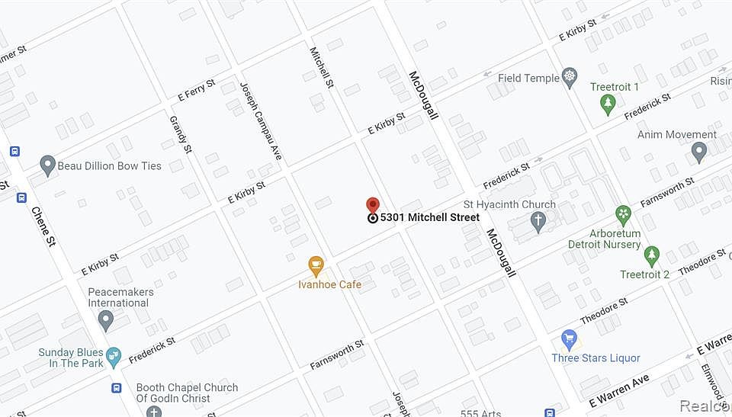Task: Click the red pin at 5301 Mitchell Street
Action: [x=372, y=206]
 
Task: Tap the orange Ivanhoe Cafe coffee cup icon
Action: [x=316, y=266]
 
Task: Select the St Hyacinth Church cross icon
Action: [x=538, y=223]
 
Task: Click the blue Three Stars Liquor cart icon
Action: [x=568, y=339]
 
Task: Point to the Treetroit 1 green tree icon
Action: [x=607, y=104]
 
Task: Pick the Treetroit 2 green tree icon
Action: [x=651, y=256]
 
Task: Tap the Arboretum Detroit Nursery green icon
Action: [x=624, y=214]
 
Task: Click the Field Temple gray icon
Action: [x=569, y=78]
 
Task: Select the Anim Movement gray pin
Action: [x=698, y=152]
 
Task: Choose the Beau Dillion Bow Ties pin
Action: [x=48, y=165]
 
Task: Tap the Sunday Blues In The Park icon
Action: [x=114, y=356]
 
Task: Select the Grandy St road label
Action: [x=180, y=133]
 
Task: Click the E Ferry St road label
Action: [x=196, y=90]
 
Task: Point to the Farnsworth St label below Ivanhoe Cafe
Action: [x=336, y=356]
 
